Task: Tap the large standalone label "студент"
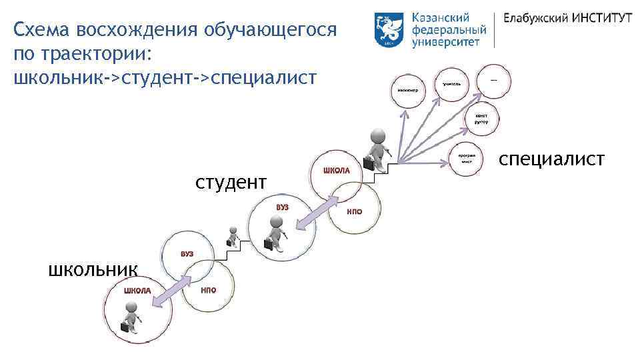point(231,181)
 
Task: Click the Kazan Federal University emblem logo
point(389,30)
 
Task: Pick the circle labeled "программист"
point(466,159)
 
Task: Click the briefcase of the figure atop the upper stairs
point(368,163)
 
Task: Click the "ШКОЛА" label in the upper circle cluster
point(336,171)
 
